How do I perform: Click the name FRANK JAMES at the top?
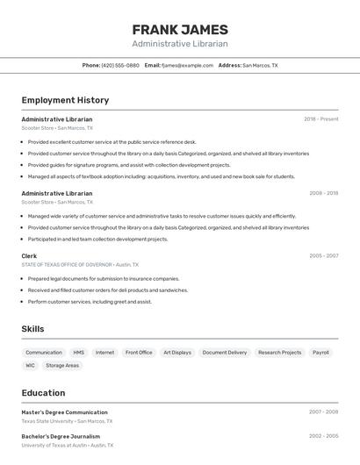(x=180, y=30)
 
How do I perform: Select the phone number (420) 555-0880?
(x=120, y=65)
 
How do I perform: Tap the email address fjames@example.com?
(x=187, y=65)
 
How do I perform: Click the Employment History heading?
(x=65, y=100)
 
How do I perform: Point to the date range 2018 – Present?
(x=320, y=119)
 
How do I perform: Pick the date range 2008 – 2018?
(x=323, y=193)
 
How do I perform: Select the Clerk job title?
(x=29, y=256)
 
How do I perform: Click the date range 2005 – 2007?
(x=323, y=256)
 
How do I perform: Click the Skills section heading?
(x=32, y=329)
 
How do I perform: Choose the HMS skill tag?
(x=79, y=353)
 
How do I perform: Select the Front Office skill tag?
(x=139, y=353)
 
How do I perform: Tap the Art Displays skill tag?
(x=177, y=353)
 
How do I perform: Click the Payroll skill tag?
(x=320, y=353)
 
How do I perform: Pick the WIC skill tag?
(x=31, y=365)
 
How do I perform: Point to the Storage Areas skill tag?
(x=62, y=365)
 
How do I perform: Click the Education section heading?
(x=43, y=393)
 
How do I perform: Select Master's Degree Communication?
(x=64, y=412)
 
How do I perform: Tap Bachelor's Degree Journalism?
(x=61, y=436)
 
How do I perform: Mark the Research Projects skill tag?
(x=279, y=353)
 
